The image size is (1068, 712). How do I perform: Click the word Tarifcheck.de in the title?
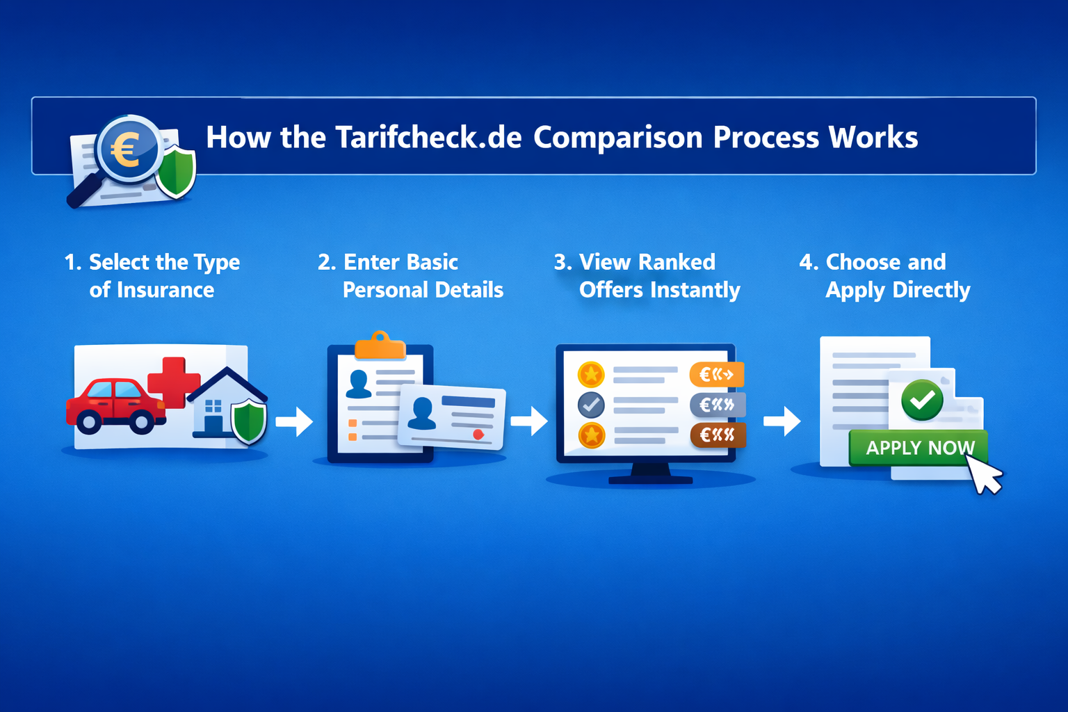[x=428, y=137]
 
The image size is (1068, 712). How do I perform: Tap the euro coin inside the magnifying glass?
[x=128, y=149]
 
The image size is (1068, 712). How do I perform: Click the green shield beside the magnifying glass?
[x=175, y=171]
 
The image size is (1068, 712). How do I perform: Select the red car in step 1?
[x=115, y=405]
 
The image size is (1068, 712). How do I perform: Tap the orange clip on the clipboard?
[x=380, y=346]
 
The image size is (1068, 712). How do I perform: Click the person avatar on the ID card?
[x=421, y=413]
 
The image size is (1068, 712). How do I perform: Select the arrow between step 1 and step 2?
[x=295, y=421]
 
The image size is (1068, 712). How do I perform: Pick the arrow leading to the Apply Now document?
[x=783, y=421]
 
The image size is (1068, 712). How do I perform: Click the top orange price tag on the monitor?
[x=716, y=375]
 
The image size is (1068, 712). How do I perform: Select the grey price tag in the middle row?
[x=717, y=405]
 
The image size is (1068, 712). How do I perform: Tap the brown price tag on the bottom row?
[x=717, y=435]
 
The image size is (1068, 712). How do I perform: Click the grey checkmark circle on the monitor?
[x=591, y=405]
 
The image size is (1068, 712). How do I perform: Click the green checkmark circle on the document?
[x=922, y=400]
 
